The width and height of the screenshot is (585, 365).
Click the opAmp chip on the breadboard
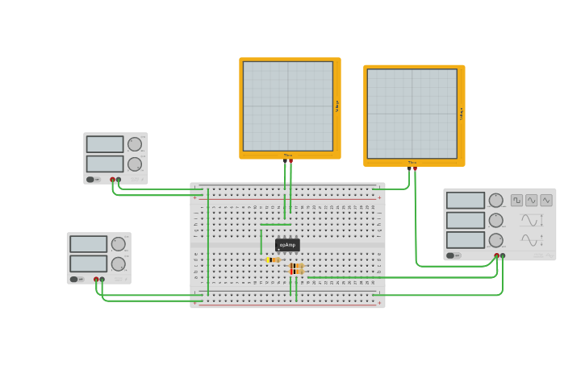pos(288,245)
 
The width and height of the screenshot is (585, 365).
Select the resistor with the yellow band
pos(273,259)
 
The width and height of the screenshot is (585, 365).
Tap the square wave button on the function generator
pos(516,200)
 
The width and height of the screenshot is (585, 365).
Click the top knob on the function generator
pos(495,200)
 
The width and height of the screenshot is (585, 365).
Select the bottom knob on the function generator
pos(495,240)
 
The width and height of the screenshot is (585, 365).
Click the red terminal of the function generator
pos(496,255)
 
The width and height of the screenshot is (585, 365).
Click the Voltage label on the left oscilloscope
pos(337,106)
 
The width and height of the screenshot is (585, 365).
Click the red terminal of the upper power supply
pos(112,179)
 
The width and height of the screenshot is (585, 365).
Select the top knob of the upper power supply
pos(135,144)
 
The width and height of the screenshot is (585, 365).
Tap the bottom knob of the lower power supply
pos(118,264)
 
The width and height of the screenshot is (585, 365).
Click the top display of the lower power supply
pos(88,243)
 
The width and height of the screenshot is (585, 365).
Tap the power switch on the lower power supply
pos(75,280)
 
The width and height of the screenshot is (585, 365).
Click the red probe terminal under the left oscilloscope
pos(290,160)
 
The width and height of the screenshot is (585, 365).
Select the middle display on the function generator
pos(466,220)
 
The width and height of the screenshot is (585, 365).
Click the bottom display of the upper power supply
pos(105,164)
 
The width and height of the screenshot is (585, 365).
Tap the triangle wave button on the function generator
pos(546,200)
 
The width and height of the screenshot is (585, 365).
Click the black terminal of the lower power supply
pos(102,279)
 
